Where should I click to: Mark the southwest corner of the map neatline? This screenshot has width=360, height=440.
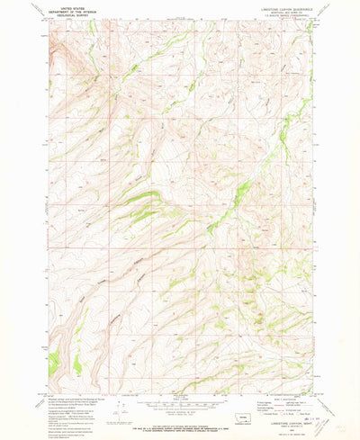click(x=51, y=392)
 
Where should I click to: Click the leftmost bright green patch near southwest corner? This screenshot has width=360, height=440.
click(x=53, y=361)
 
